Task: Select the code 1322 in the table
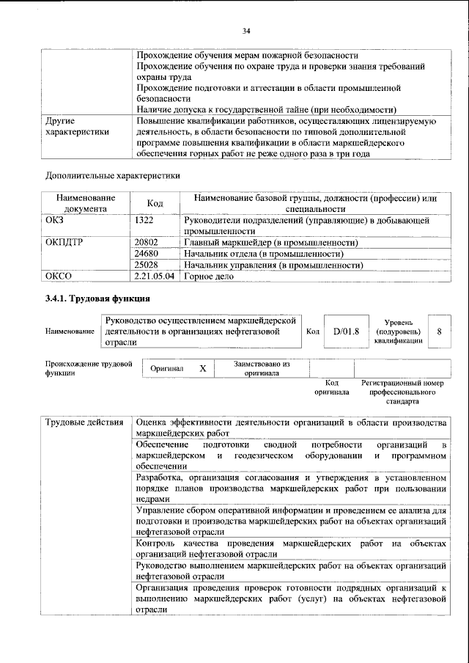pyautogui.click(x=145, y=220)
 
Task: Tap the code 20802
pyautogui.click(x=147, y=242)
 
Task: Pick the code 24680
pyautogui.click(x=147, y=253)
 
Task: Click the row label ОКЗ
pyautogui.click(x=56, y=220)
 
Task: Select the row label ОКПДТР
pyautogui.click(x=64, y=242)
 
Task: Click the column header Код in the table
pyautogui.click(x=155, y=203)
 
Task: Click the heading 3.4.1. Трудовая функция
pyautogui.click(x=97, y=298)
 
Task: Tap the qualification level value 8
pyautogui.click(x=439, y=331)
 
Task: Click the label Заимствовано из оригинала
pyautogui.click(x=262, y=368)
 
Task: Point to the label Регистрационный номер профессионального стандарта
pyautogui.click(x=402, y=392)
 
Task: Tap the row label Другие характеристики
pyautogui.click(x=77, y=127)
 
